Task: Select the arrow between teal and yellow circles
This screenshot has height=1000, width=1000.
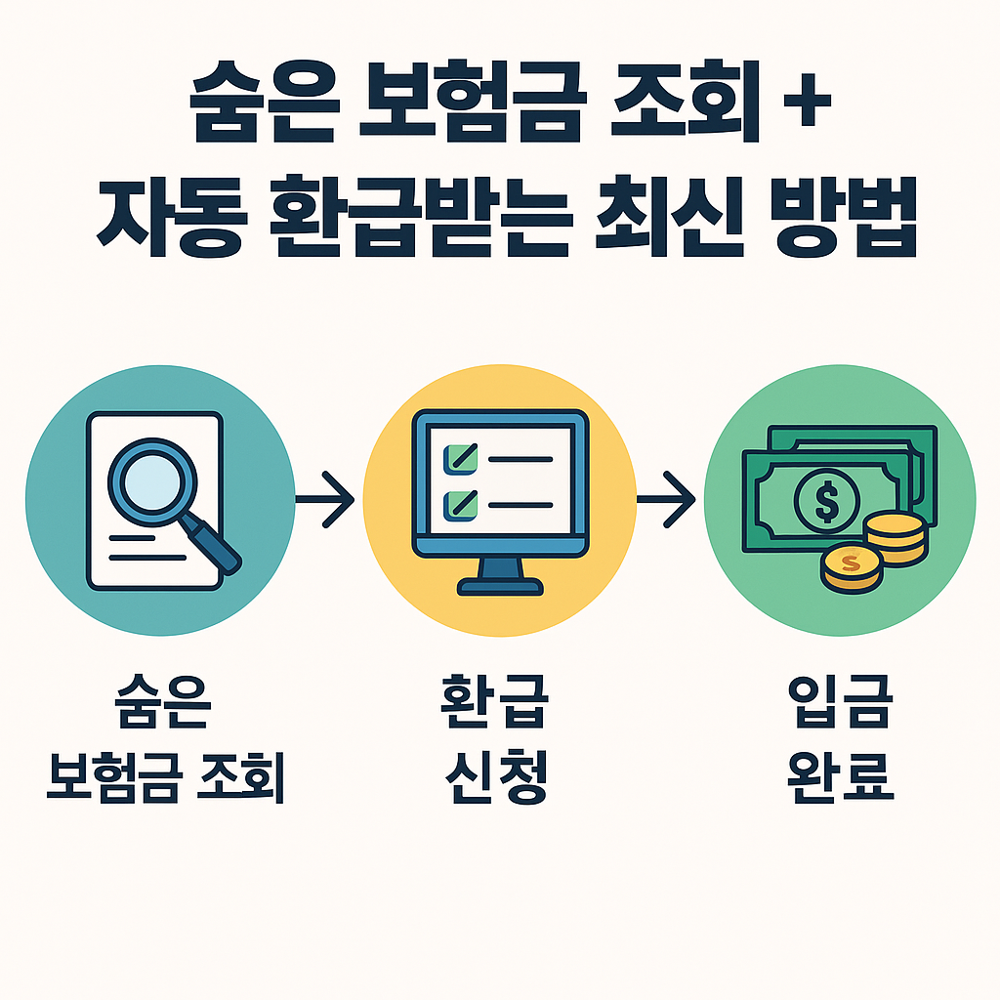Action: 326,500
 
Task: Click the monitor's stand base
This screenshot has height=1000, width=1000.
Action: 500,587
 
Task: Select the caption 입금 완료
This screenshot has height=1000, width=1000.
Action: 840,737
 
